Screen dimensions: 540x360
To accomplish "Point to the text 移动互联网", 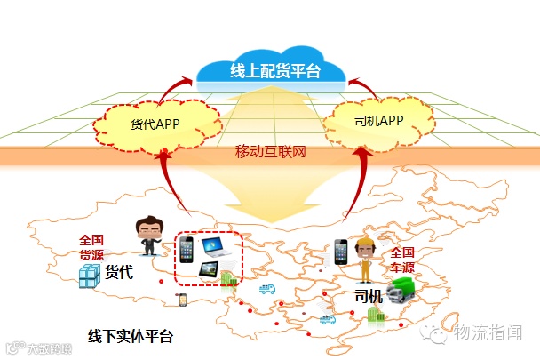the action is click(269, 154).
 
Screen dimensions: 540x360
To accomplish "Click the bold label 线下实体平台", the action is click(131, 337).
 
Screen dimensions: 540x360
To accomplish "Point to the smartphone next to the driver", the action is click(341, 253).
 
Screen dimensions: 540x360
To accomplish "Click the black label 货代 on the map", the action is click(120, 272).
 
